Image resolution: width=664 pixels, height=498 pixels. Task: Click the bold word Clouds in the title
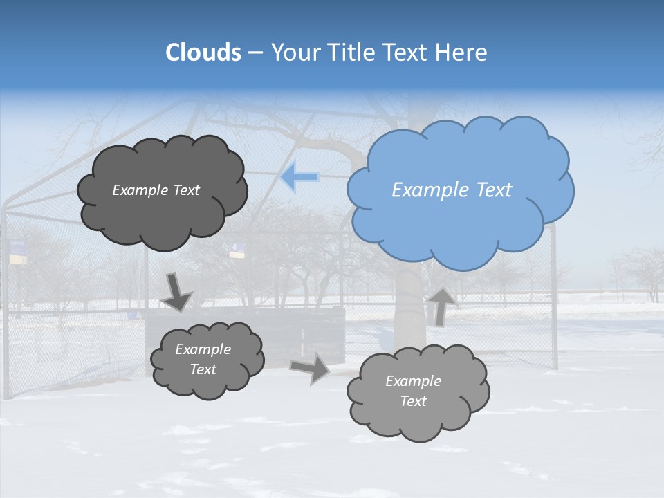coord(203,53)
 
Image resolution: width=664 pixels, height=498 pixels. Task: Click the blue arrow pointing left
coord(299,176)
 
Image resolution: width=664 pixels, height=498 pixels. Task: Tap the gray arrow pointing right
coord(310,367)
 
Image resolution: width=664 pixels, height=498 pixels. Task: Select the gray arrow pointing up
coord(441,306)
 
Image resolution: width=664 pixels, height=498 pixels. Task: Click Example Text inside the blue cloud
coord(452,190)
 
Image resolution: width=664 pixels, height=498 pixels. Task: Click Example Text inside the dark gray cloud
coord(156,190)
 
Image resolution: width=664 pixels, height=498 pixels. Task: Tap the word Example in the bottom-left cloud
coord(203,349)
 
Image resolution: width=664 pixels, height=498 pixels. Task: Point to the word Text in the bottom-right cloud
coord(413,401)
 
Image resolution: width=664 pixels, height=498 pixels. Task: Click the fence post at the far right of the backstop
coord(554,297)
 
